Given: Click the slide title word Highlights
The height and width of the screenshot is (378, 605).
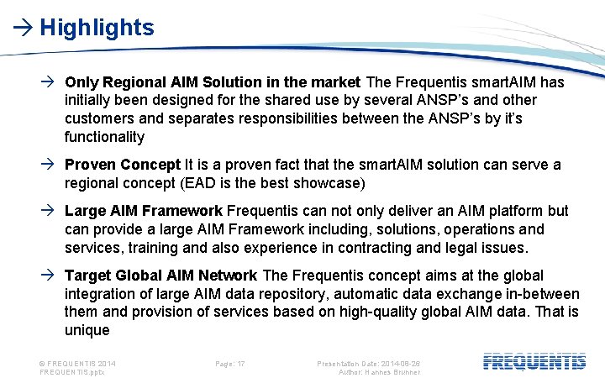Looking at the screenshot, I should [x=97, y=28].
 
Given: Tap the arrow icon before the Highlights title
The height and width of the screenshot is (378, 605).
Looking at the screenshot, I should [x=22, y=29].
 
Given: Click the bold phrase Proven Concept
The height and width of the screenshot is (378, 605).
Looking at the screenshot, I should [x=123, y=165].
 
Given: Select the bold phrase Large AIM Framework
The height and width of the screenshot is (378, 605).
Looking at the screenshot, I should [x=143, y=211].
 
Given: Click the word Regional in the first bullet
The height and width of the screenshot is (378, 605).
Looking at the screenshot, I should [x=132, y=82].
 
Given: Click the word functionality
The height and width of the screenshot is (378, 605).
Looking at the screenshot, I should [x=105, y=137].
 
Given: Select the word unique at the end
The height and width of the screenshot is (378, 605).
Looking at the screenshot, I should [x=87, y=330].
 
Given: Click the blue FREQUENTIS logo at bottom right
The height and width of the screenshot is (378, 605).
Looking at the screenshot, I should [x=534, y=362].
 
